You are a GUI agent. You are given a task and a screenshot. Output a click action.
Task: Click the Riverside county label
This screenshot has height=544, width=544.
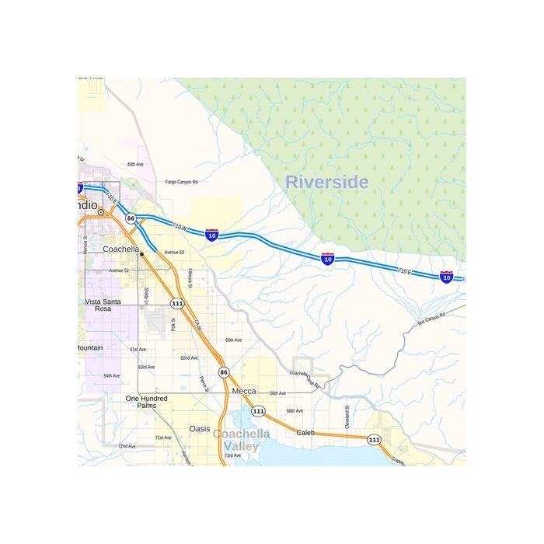tap(326, 183)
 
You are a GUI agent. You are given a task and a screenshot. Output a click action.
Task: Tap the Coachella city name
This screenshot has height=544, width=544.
tap(120, 249)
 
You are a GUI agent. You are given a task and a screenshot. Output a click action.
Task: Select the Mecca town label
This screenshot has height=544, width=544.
tap(244, 392)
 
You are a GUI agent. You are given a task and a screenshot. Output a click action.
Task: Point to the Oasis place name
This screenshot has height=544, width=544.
tap(200, 428)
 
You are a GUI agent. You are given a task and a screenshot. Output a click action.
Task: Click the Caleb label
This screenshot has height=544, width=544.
tap(305, 432)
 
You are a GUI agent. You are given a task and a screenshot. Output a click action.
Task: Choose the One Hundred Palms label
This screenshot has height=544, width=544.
tap(141, 402)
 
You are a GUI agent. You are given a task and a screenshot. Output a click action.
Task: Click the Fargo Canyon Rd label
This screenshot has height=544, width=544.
tap(182, 182)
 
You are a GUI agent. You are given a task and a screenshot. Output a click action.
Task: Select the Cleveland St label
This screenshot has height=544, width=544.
tap(347, 417)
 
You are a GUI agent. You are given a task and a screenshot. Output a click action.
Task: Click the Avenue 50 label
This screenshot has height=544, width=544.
tap(174, 253)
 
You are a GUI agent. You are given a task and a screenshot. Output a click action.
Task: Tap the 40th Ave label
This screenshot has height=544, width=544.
tap(135, 165)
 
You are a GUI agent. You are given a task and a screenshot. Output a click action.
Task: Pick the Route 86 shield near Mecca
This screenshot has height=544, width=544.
tap(223, 372)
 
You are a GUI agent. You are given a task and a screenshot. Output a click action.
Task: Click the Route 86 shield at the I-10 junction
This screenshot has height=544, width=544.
tap(131, 218)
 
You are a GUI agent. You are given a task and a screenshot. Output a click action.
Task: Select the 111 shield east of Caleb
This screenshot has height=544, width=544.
tap(374, 440)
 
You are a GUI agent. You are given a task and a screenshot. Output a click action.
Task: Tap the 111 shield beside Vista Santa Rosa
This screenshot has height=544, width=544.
tap(177, 303)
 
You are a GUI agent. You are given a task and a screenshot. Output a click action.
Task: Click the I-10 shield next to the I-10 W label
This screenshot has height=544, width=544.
tap(211, 234)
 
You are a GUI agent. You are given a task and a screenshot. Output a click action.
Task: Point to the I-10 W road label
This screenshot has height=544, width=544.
tap(180, 228)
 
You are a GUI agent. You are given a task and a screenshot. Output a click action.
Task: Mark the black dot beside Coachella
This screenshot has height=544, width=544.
tap(141, 254)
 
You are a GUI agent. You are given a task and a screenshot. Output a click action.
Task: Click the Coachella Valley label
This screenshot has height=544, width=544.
tap(241, 440)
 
